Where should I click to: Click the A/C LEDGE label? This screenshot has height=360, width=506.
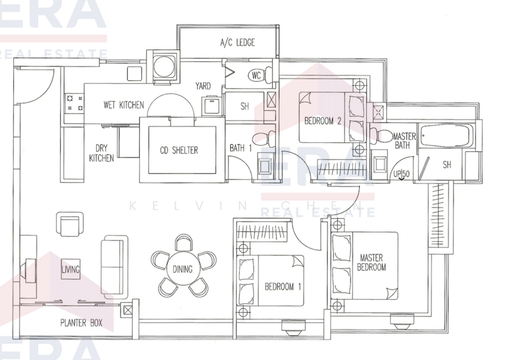click(237, 44)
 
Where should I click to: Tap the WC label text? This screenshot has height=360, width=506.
click(256, 75)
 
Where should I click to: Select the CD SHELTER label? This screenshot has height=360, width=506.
click(179, 150)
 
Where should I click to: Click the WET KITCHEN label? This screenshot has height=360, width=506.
click(124, 105)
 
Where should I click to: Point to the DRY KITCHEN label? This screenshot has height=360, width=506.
click(101, 152)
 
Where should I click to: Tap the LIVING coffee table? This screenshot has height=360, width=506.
click(71, 270)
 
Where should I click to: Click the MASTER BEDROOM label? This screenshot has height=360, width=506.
click(373, 263)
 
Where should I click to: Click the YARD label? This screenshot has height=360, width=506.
click(203, 86)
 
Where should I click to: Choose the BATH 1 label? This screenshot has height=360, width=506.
click(240, 148)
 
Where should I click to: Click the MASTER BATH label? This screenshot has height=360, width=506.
click(403, 140)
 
